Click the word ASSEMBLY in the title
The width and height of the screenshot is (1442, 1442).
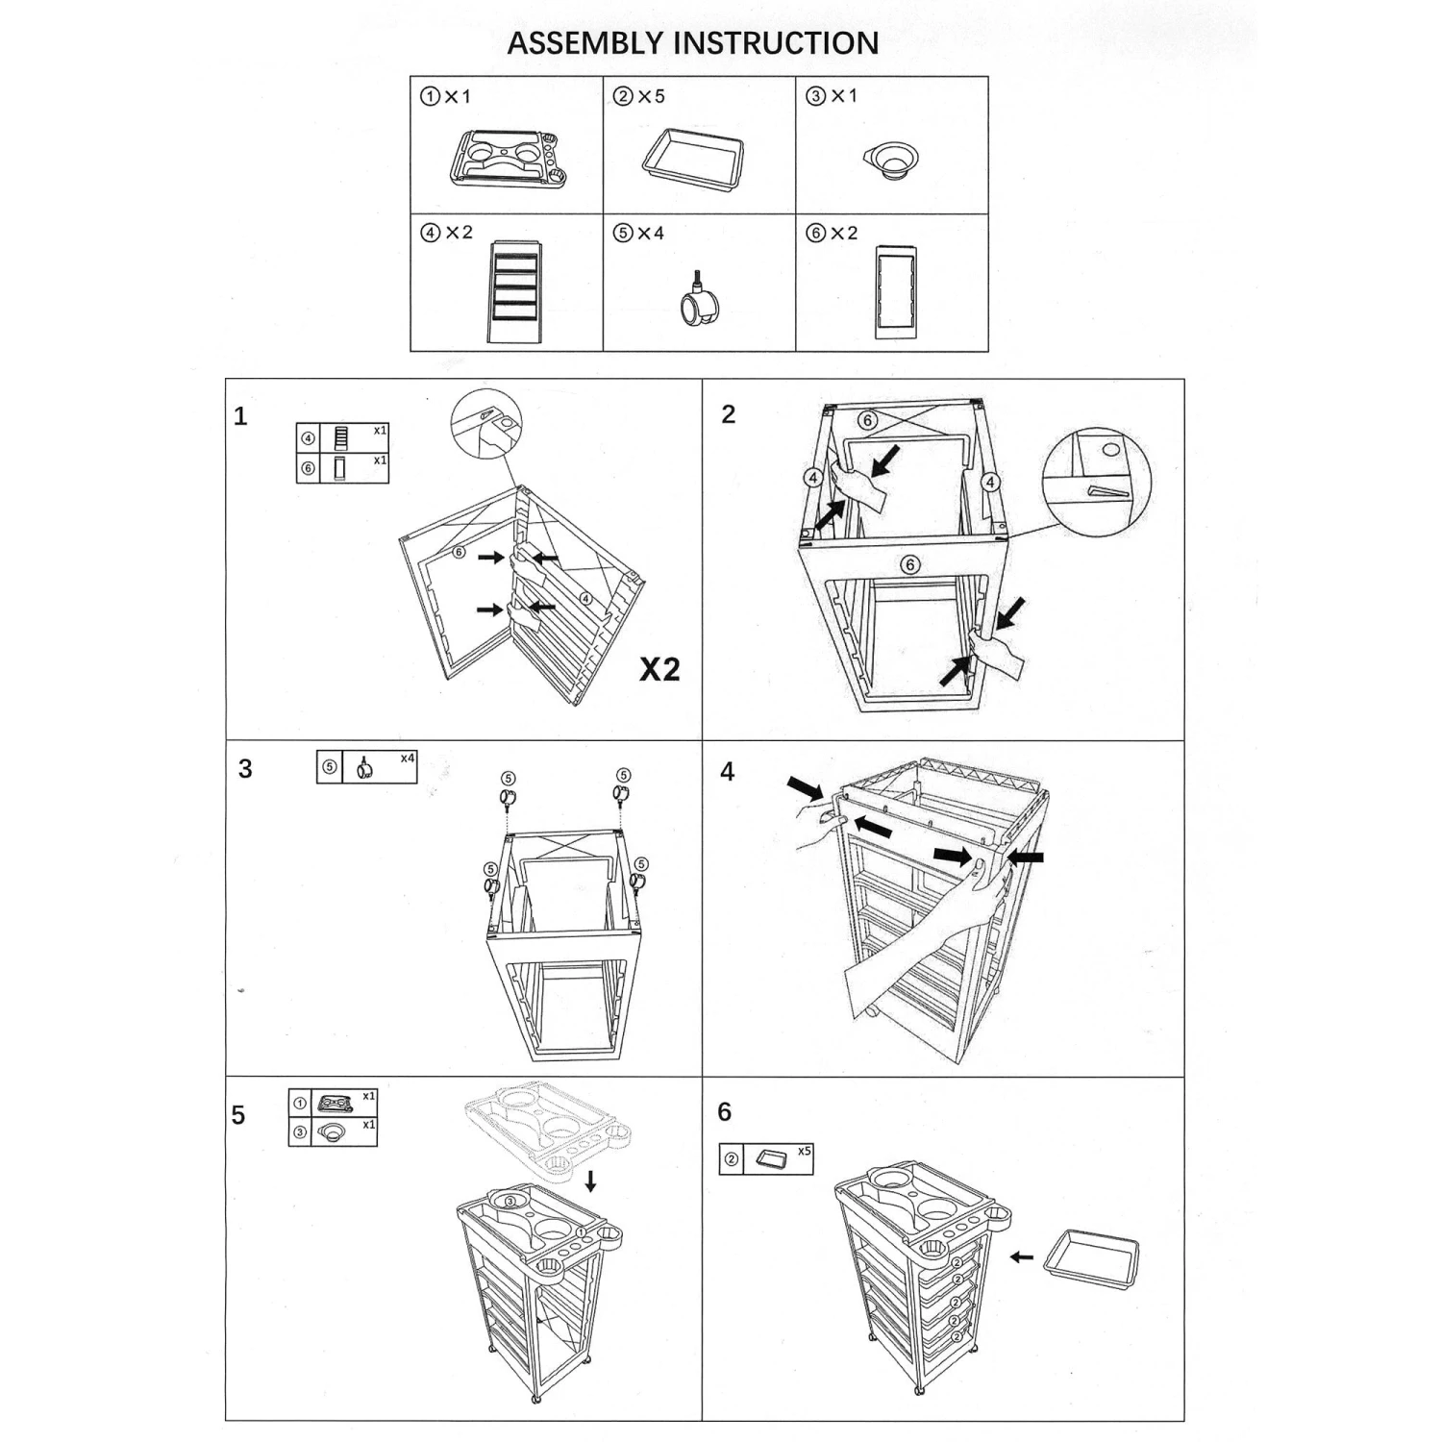(584, 43)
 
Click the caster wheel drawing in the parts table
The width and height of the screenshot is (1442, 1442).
(699, 301)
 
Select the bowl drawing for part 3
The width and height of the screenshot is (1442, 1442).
(890, 162)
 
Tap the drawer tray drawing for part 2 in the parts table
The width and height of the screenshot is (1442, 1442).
(692, 157)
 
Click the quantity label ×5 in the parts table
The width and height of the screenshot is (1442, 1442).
(651, 97)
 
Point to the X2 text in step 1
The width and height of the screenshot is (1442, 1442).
(659, 669)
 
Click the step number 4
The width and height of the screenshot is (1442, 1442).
(728, 772)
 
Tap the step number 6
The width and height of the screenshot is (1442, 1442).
(725, 1112)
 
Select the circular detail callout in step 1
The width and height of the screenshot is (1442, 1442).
(486, 424)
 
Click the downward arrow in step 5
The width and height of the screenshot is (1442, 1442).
(590, 1181)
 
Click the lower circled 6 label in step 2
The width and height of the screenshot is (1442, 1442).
(909, 564)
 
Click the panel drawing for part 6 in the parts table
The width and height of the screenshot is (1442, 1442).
(895, 291)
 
